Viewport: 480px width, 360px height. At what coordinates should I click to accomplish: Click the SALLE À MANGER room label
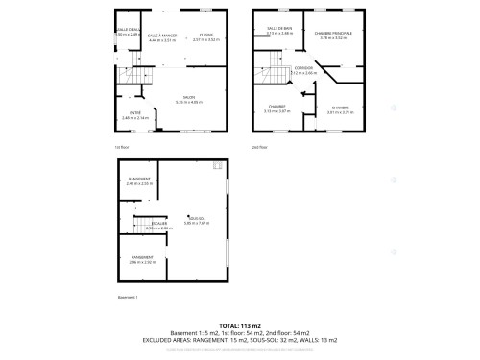click(x=162, y=35)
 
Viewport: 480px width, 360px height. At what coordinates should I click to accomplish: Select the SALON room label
click(x=192, y=96)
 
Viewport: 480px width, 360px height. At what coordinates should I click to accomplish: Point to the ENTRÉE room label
click(x=135, y=113)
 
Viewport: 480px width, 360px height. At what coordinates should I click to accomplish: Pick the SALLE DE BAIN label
click(x=279, y=30)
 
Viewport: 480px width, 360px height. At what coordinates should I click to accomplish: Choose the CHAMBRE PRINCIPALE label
click(x=334, y=33)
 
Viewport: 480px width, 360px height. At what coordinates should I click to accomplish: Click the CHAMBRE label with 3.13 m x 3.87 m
click(x=276, y=107)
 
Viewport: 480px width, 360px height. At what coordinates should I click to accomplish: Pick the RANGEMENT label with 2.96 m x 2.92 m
click(x=141, y=257)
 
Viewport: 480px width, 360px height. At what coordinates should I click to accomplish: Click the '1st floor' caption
click(x=122, y=147)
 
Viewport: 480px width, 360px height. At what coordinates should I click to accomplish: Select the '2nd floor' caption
click(x=258, y=147)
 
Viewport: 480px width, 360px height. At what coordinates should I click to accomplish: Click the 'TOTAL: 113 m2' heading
click(x=239, y=325)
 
